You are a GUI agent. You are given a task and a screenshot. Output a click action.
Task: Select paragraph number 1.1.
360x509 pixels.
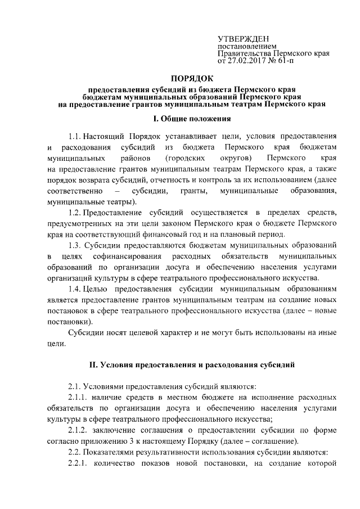click(x=74, y=137)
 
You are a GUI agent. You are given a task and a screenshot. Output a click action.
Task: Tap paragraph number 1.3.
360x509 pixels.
click(x=74, y=245)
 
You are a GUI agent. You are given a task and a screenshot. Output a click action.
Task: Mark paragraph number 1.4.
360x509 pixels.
click(x=74, y=289)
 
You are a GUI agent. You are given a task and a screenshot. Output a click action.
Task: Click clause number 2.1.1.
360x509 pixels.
click(x=79, y=397)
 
